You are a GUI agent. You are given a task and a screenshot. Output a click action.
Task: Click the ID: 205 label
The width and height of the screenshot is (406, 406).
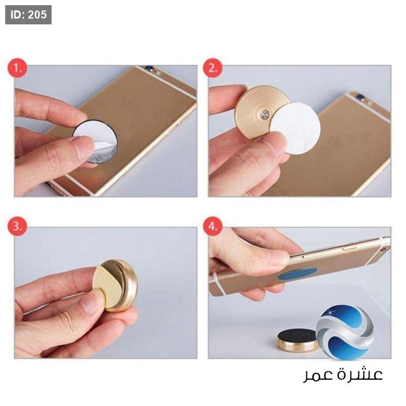coord(28,14)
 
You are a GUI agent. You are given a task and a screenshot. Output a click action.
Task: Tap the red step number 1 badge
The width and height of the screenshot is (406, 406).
coord(17,68)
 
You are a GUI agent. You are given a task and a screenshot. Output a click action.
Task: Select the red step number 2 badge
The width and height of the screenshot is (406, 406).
coord(212,68)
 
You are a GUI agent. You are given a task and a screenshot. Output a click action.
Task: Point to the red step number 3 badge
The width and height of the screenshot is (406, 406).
coord(17,226)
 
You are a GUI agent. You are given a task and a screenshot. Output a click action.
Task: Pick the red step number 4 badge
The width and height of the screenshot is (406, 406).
coord(212,226)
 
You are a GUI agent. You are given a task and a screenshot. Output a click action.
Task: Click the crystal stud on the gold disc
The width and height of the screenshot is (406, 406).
coord(265,114)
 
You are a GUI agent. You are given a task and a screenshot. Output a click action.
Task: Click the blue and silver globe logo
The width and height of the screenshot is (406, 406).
coord(345,333)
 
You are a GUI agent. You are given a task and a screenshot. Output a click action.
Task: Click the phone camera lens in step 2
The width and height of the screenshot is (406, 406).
coord(361,97)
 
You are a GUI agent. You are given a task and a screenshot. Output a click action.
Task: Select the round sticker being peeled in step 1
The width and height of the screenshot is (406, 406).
coord(95,141)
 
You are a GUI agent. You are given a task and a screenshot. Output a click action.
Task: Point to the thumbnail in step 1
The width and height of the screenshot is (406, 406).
coord(82,148)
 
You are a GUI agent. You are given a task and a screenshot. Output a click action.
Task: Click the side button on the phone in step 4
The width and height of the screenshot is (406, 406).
coord(349,248)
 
